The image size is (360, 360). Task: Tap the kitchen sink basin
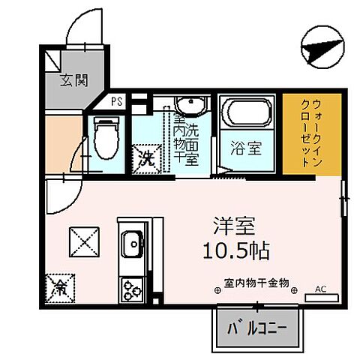coord(133,244)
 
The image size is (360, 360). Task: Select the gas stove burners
coord(132,287)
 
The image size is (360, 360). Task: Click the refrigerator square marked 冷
coord(60,286)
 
